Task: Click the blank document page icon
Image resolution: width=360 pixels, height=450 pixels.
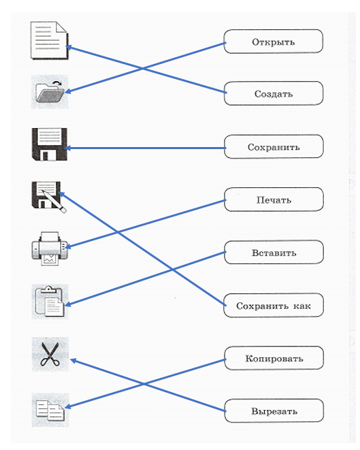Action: click(x=50, y=40)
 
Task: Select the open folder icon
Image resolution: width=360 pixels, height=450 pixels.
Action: click(x=50, y=92)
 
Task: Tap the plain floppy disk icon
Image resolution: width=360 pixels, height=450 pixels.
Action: click(x=50, y=144)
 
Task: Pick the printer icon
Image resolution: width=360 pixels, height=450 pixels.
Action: click(x=50, y=248)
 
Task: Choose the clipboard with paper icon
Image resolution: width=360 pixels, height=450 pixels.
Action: click(x=50, y=302)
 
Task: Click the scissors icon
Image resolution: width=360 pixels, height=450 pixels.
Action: click(x=50, y=354)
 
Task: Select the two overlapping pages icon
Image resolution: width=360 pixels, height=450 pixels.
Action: click(x=50, y=411)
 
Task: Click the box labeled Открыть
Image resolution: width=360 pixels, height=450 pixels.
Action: click(x=274, y=42)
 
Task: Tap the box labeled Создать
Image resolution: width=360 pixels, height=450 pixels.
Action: click(x=274, y=93)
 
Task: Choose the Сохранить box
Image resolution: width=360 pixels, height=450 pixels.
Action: click(x=274, y=146)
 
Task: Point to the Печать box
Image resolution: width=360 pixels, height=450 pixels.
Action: click(x=274, y=199)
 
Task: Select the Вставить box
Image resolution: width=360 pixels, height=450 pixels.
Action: click(x=274, y=253)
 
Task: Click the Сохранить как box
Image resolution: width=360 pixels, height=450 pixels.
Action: click(x=274, y=306)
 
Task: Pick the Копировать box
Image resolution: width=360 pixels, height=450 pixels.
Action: click(x=274, y=358)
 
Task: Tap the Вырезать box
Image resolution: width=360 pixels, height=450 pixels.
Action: click(x=274, y=411)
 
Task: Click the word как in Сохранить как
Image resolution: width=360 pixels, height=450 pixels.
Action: click(x=302, y=306)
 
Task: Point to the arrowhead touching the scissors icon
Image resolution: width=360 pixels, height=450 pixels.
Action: click(x=73, y=361)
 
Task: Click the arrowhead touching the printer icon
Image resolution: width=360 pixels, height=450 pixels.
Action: click(x=68, y=246)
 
